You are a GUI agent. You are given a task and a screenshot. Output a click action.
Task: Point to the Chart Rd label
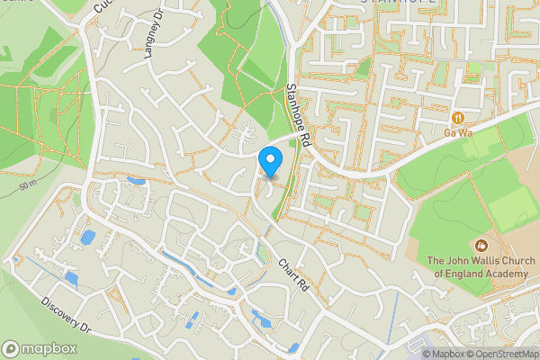click(x=293, y=275)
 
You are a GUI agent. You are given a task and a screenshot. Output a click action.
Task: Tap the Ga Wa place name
click(x=458, y=133)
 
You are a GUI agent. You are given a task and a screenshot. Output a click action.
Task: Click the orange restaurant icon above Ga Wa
click(x=458, y=117)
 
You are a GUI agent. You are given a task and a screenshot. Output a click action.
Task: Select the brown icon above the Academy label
click(x=480, y=245)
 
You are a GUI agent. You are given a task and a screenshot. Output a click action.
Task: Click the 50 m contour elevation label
click(x=26, y=185)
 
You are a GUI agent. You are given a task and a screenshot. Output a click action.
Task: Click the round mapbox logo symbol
click(x=12, y=348)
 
